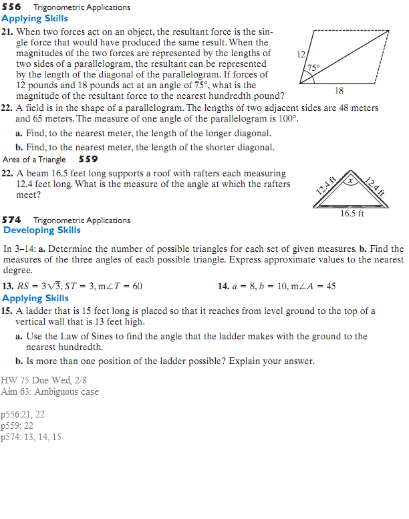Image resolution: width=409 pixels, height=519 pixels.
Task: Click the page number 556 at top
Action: (13, 7)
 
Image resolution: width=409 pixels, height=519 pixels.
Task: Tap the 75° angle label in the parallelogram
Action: (313, 67)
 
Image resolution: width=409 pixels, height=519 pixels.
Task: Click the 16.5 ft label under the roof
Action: (352, 214)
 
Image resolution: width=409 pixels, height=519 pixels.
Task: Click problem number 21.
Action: (7, 32)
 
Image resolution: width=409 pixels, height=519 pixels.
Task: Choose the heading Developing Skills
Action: (42, 230)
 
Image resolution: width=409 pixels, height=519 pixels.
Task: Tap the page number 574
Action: (13, 220)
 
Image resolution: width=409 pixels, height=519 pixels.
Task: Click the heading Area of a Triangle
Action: (34, 159)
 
